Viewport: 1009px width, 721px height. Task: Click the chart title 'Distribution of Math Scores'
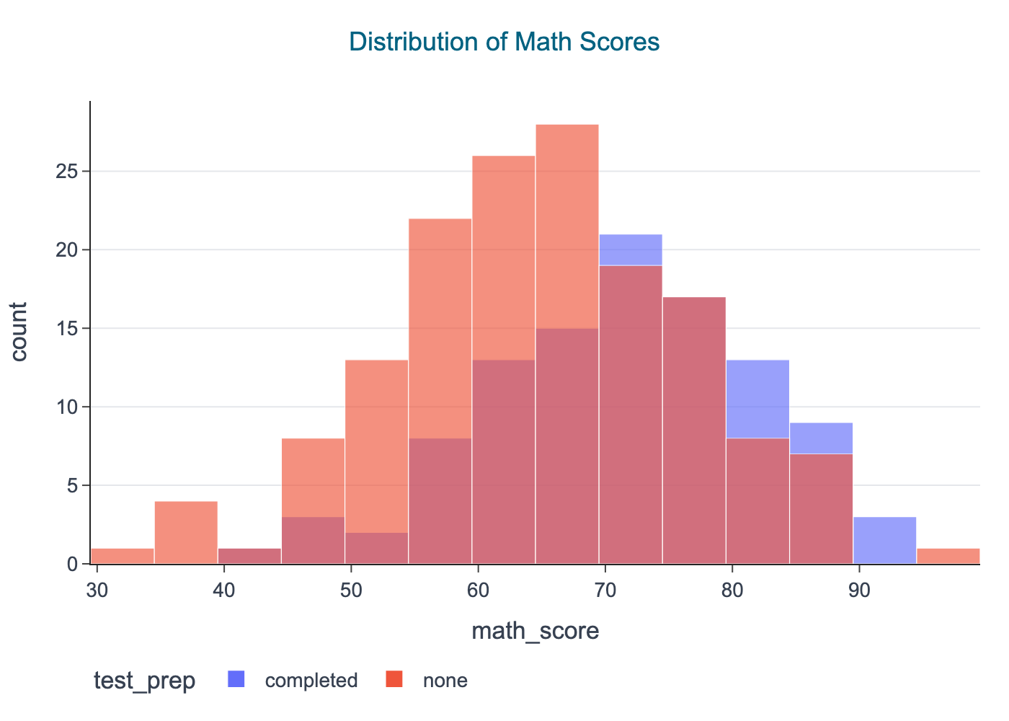click(504, 42)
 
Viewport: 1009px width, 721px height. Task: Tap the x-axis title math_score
click(535, 632)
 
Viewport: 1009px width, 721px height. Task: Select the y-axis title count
click(19, 332)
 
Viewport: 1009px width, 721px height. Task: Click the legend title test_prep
click(144, 681)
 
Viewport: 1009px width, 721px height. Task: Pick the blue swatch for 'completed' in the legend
click(236, 679)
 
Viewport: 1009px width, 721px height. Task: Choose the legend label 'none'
click(445, 681)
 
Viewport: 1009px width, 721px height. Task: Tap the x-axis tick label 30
click(97, 590)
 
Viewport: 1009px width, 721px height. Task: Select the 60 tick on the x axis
click(478, 590)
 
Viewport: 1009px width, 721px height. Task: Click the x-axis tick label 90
click(858, 590)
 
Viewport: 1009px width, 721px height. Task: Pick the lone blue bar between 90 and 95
click(884, 541)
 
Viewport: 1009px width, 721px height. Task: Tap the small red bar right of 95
click(948, 556)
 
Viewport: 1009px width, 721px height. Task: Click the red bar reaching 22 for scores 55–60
click(440, 324)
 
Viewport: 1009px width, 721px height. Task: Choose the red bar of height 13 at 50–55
click(376, 433)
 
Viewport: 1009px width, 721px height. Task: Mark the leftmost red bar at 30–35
click(123, 556)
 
